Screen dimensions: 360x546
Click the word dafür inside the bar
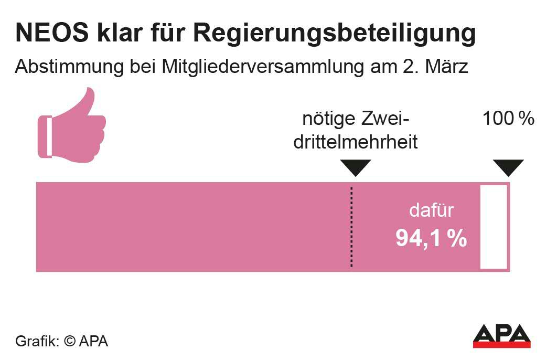click(431, 211)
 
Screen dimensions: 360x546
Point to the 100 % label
click(508, 119)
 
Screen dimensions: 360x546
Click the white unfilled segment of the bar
click(494, 227)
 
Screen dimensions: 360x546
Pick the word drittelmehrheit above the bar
click(355, 142)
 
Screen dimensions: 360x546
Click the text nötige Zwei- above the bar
click(355, 119)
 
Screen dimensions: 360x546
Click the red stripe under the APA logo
click(501, 345)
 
